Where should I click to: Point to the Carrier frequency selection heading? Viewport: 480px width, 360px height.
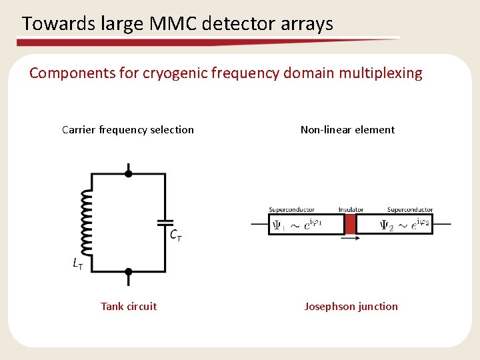click(x=128, y=130)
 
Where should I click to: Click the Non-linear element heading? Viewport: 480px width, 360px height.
click(x=347, y=130)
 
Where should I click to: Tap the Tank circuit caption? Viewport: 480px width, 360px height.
click(x=129, y=306)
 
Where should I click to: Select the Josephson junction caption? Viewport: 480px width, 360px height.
click(x=351, y=306)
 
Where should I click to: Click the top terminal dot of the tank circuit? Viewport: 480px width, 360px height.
click(x=128, y=174)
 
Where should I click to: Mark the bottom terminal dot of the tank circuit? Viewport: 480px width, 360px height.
click(x=128, y=271)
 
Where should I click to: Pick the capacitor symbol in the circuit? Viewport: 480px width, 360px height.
click(x=165, y=222)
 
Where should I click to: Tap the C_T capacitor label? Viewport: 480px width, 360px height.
click(x=176, y=235)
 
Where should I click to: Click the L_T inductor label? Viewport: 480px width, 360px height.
click(x=78, y=264)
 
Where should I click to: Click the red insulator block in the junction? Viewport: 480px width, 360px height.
click(x=350, y=223)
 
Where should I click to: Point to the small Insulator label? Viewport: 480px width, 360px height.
click(x=351, y=209)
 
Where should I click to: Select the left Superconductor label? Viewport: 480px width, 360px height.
click(x=291, y=209)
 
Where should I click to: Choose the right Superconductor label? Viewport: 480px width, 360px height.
click(x=409, y=209)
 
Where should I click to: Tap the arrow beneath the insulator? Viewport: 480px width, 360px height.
click(x=350, y=237)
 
